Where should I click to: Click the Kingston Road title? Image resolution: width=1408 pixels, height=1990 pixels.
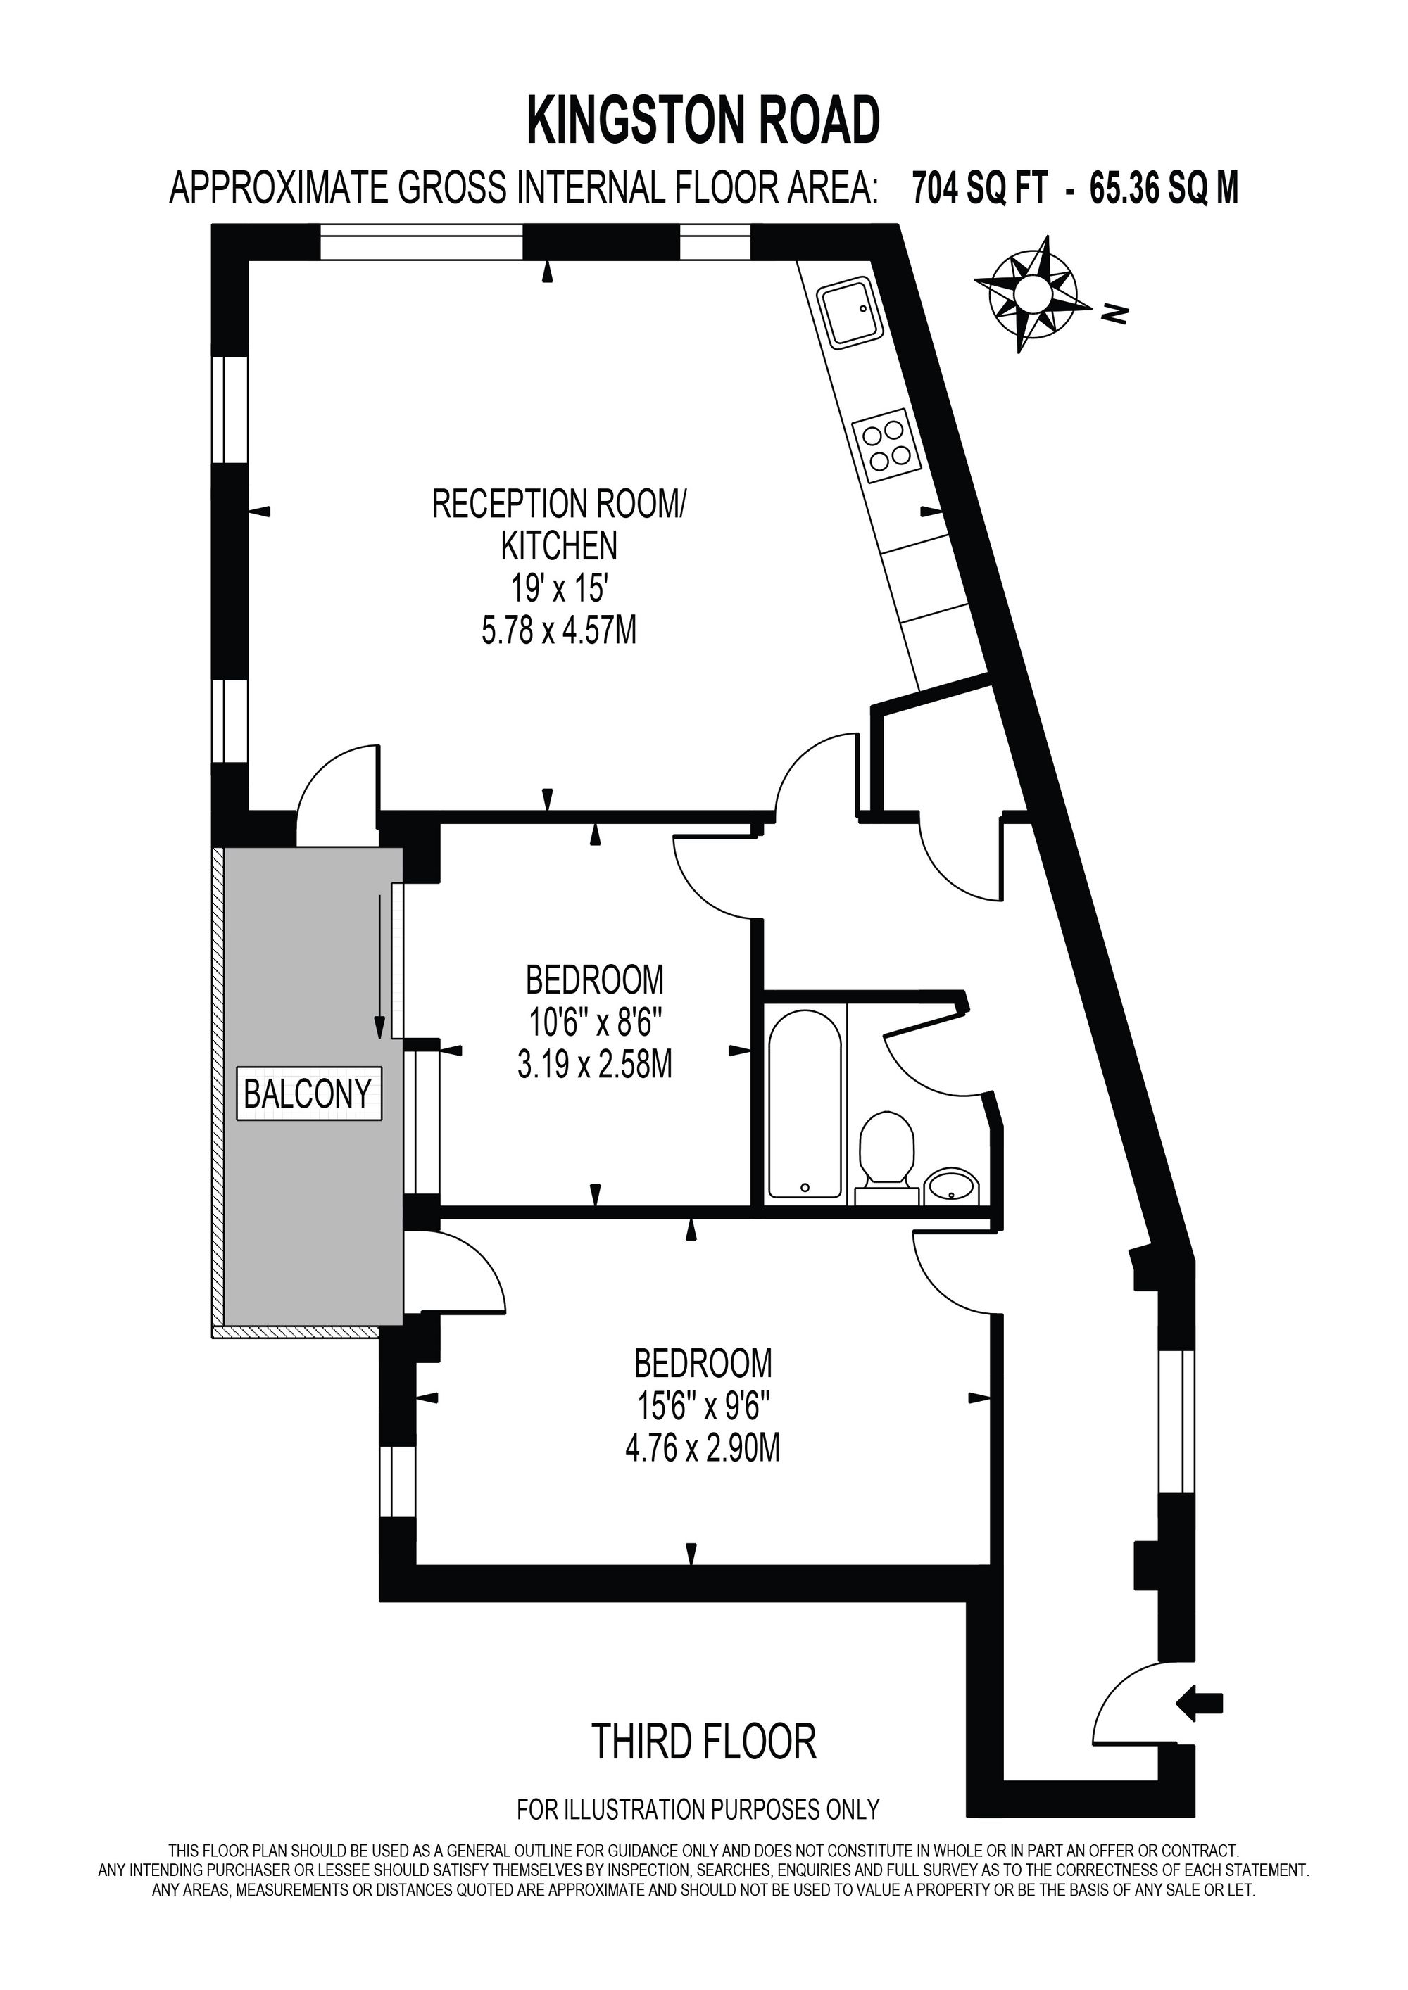coord(703,120)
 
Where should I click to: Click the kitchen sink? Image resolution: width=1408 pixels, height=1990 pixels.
coord(850,312)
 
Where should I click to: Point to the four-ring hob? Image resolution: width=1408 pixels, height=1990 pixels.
coord(884,449)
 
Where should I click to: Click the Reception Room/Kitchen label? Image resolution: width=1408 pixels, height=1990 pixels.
coord(559,524)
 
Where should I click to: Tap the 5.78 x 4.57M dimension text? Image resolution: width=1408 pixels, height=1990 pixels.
coord(559,631)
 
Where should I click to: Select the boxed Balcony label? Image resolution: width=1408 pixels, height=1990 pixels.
coord(308,1094)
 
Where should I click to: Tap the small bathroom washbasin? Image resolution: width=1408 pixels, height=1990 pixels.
coord(952,1186)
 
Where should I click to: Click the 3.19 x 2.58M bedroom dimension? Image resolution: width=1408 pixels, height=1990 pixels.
coord(595,1065)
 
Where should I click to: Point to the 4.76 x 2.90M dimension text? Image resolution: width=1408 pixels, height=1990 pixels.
coord(703,1448)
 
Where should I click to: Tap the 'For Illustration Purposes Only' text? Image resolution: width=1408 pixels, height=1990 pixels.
coord(698,1810)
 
